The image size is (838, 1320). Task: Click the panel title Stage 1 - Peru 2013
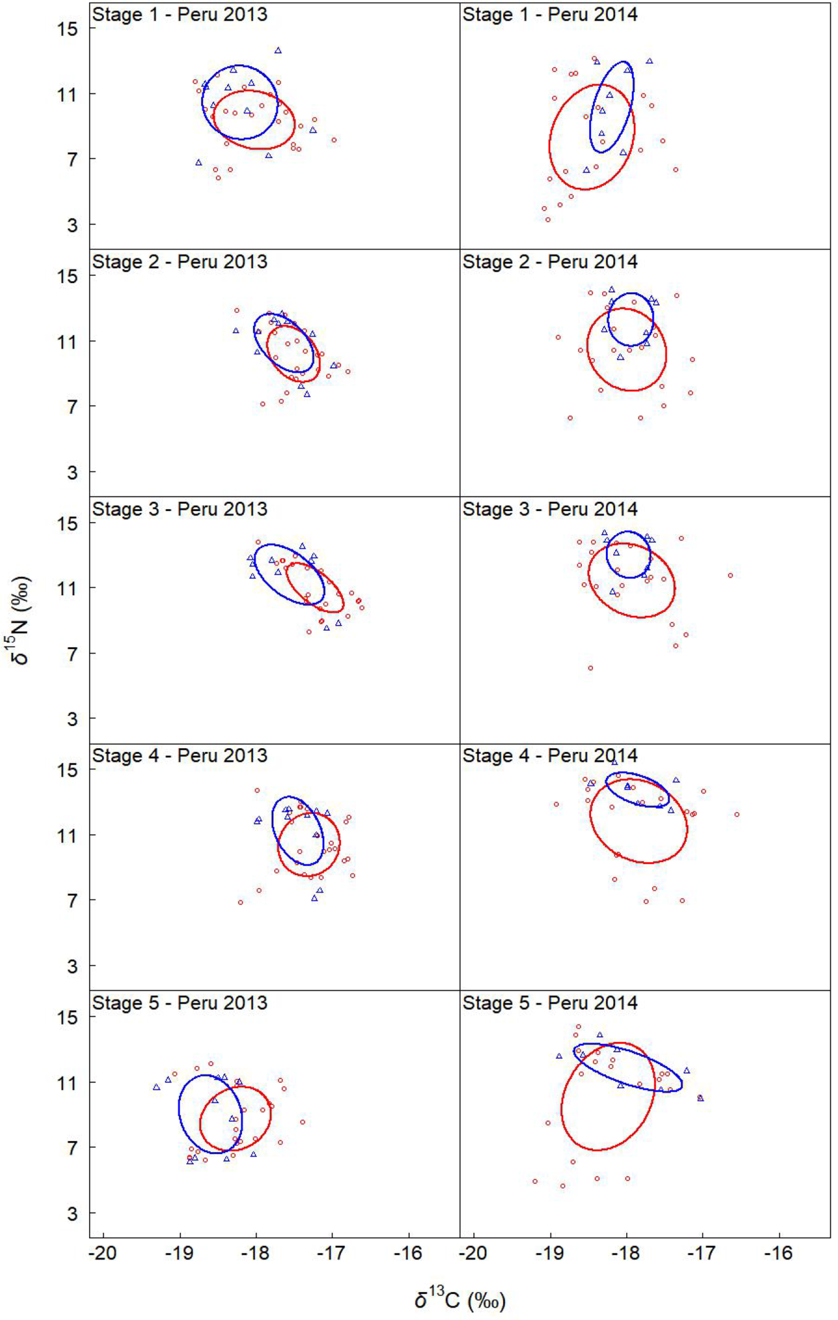point(180,14)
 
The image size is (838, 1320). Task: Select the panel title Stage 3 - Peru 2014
point(550,509)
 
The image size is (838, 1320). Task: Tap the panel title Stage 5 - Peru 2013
point(180,1003)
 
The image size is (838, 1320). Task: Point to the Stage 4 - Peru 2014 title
point(550,756)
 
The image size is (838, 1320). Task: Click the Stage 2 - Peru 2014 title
point(550,262)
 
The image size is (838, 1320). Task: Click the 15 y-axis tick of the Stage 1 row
point(68,28)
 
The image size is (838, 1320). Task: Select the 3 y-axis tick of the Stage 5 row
point(73,1214)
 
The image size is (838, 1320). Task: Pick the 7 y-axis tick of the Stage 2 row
point(73,406)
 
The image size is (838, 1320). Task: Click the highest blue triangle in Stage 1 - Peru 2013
point(278,50)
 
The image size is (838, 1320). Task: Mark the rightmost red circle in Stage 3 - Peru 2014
point(730,576)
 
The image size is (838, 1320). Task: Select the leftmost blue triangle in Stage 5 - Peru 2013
point(156,1087)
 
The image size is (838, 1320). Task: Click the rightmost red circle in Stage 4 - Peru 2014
point(736,815)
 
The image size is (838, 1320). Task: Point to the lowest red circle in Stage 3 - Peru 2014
point(590,668)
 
